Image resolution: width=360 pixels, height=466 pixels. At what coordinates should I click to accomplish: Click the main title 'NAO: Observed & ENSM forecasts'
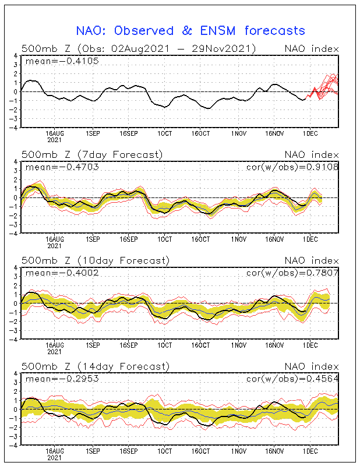190,30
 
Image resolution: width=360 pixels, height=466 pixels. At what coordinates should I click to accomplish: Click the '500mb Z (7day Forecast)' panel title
92,154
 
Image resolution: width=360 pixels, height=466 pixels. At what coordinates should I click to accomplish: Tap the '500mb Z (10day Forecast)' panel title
95,260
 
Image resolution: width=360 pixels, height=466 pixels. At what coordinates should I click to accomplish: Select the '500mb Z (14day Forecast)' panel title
95,366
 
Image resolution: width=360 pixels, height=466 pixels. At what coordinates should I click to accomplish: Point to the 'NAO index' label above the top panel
311,48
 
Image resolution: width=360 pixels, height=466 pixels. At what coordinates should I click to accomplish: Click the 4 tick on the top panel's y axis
16,56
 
